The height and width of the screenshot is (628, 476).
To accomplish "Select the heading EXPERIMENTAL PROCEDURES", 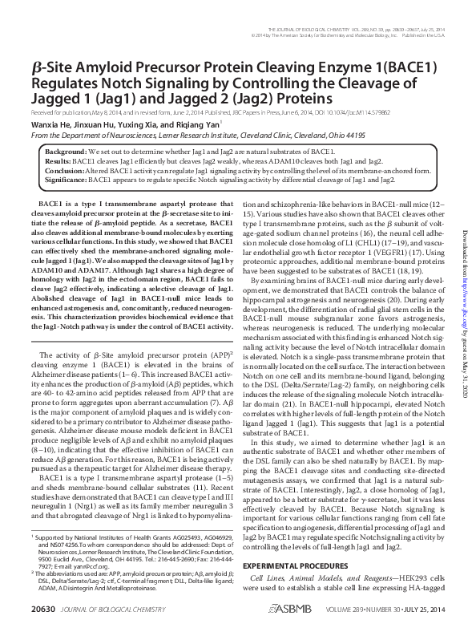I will (x=298, y=564).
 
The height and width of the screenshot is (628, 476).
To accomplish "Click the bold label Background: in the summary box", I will (x=67, y=151).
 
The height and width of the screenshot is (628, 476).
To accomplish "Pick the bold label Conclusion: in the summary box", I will (x=64, y=171).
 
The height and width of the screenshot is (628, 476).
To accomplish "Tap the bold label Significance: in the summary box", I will (x=67, y=180).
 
